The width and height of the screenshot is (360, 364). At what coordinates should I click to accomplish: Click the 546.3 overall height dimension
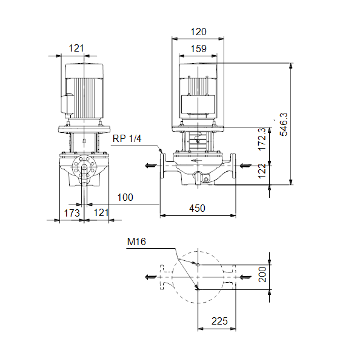click(x=284, y=124)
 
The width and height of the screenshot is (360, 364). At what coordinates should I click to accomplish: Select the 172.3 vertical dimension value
click(x=262, y=139)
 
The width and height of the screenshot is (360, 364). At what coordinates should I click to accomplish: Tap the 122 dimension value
click(x=262, y=171)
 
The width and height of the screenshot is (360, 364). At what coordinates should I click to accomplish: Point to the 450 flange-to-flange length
click(x=197, y=208)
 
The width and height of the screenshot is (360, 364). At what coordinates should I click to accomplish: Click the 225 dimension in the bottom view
click(x=219, y=321)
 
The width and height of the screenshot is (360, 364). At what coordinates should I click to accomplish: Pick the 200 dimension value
click(x=262, y=274)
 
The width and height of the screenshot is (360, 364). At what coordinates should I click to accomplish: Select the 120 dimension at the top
click(x=198, y=32)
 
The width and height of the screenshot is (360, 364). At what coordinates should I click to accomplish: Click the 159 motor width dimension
click(x=198, y=49)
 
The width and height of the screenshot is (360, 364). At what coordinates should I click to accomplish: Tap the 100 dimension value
click(x=125, y=197)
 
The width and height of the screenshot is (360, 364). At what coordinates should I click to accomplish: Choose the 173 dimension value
click(x=72, y=213)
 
